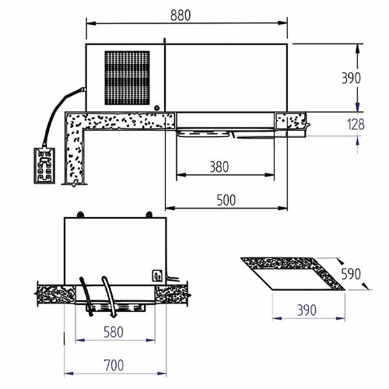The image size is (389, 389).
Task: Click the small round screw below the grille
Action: click(x=158, y=108)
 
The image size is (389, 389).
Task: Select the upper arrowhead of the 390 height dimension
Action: click(x=357, y=48)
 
